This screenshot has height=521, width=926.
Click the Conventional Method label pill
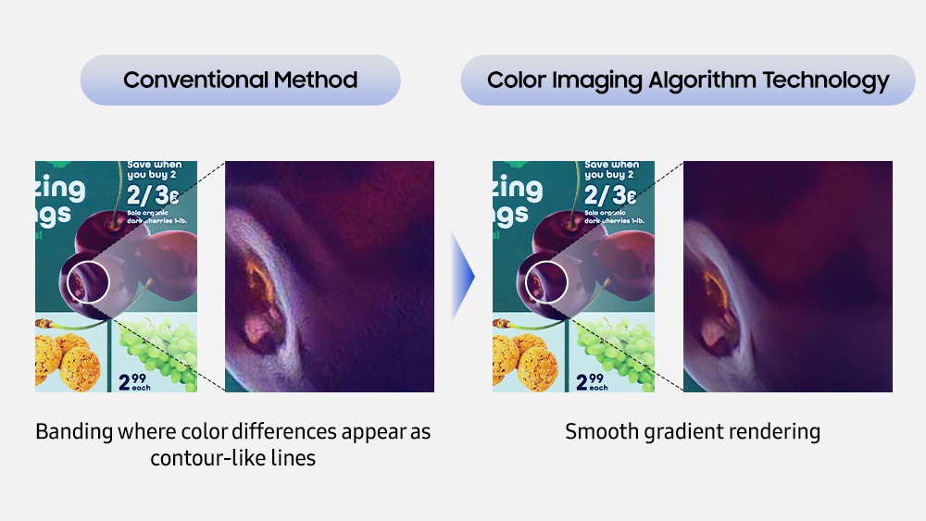[x=240, y=80]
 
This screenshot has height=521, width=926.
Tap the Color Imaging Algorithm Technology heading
[x=687, y=80]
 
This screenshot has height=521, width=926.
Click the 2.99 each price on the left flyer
[x=135, y=381]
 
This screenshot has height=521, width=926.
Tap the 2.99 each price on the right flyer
[x=593, y=381]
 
